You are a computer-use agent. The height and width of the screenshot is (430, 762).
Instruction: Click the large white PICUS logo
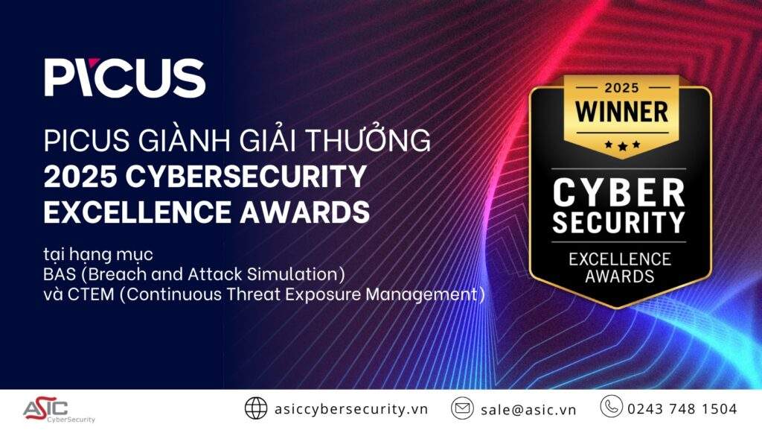(x=125, y=78)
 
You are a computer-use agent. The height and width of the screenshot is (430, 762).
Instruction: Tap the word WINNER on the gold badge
(x=621, y=112)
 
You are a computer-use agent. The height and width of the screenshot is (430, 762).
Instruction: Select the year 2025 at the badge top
(x=621, y=88)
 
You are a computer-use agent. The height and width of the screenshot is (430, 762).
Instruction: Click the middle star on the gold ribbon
(x=622, y=145)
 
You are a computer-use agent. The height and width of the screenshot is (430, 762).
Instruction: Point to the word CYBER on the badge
(x=618, y=192)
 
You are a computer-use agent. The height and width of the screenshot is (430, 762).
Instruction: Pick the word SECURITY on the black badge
(x=618, y=223)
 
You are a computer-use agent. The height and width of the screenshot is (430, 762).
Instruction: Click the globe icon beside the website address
(x=256, y=408)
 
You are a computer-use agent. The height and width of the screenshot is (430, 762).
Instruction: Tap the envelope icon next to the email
(x=462, y=408)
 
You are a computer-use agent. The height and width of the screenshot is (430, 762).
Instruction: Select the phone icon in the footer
(x=611, y=406)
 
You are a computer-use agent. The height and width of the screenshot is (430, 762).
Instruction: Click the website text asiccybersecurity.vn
(x=351, y=408)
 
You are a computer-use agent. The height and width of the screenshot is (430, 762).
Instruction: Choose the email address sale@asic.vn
(x=528, y=410)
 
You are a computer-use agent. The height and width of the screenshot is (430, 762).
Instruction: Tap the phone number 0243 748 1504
(x=682, y=408)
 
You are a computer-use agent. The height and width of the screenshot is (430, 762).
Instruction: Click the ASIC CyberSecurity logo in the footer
(x=59, y=411)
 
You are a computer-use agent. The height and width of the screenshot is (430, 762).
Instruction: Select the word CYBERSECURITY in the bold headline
(x=246, y=176)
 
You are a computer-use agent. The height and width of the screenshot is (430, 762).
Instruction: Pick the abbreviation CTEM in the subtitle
(x=91, y=294)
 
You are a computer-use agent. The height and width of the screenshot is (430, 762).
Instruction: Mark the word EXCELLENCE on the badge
(x=620, y=259)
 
